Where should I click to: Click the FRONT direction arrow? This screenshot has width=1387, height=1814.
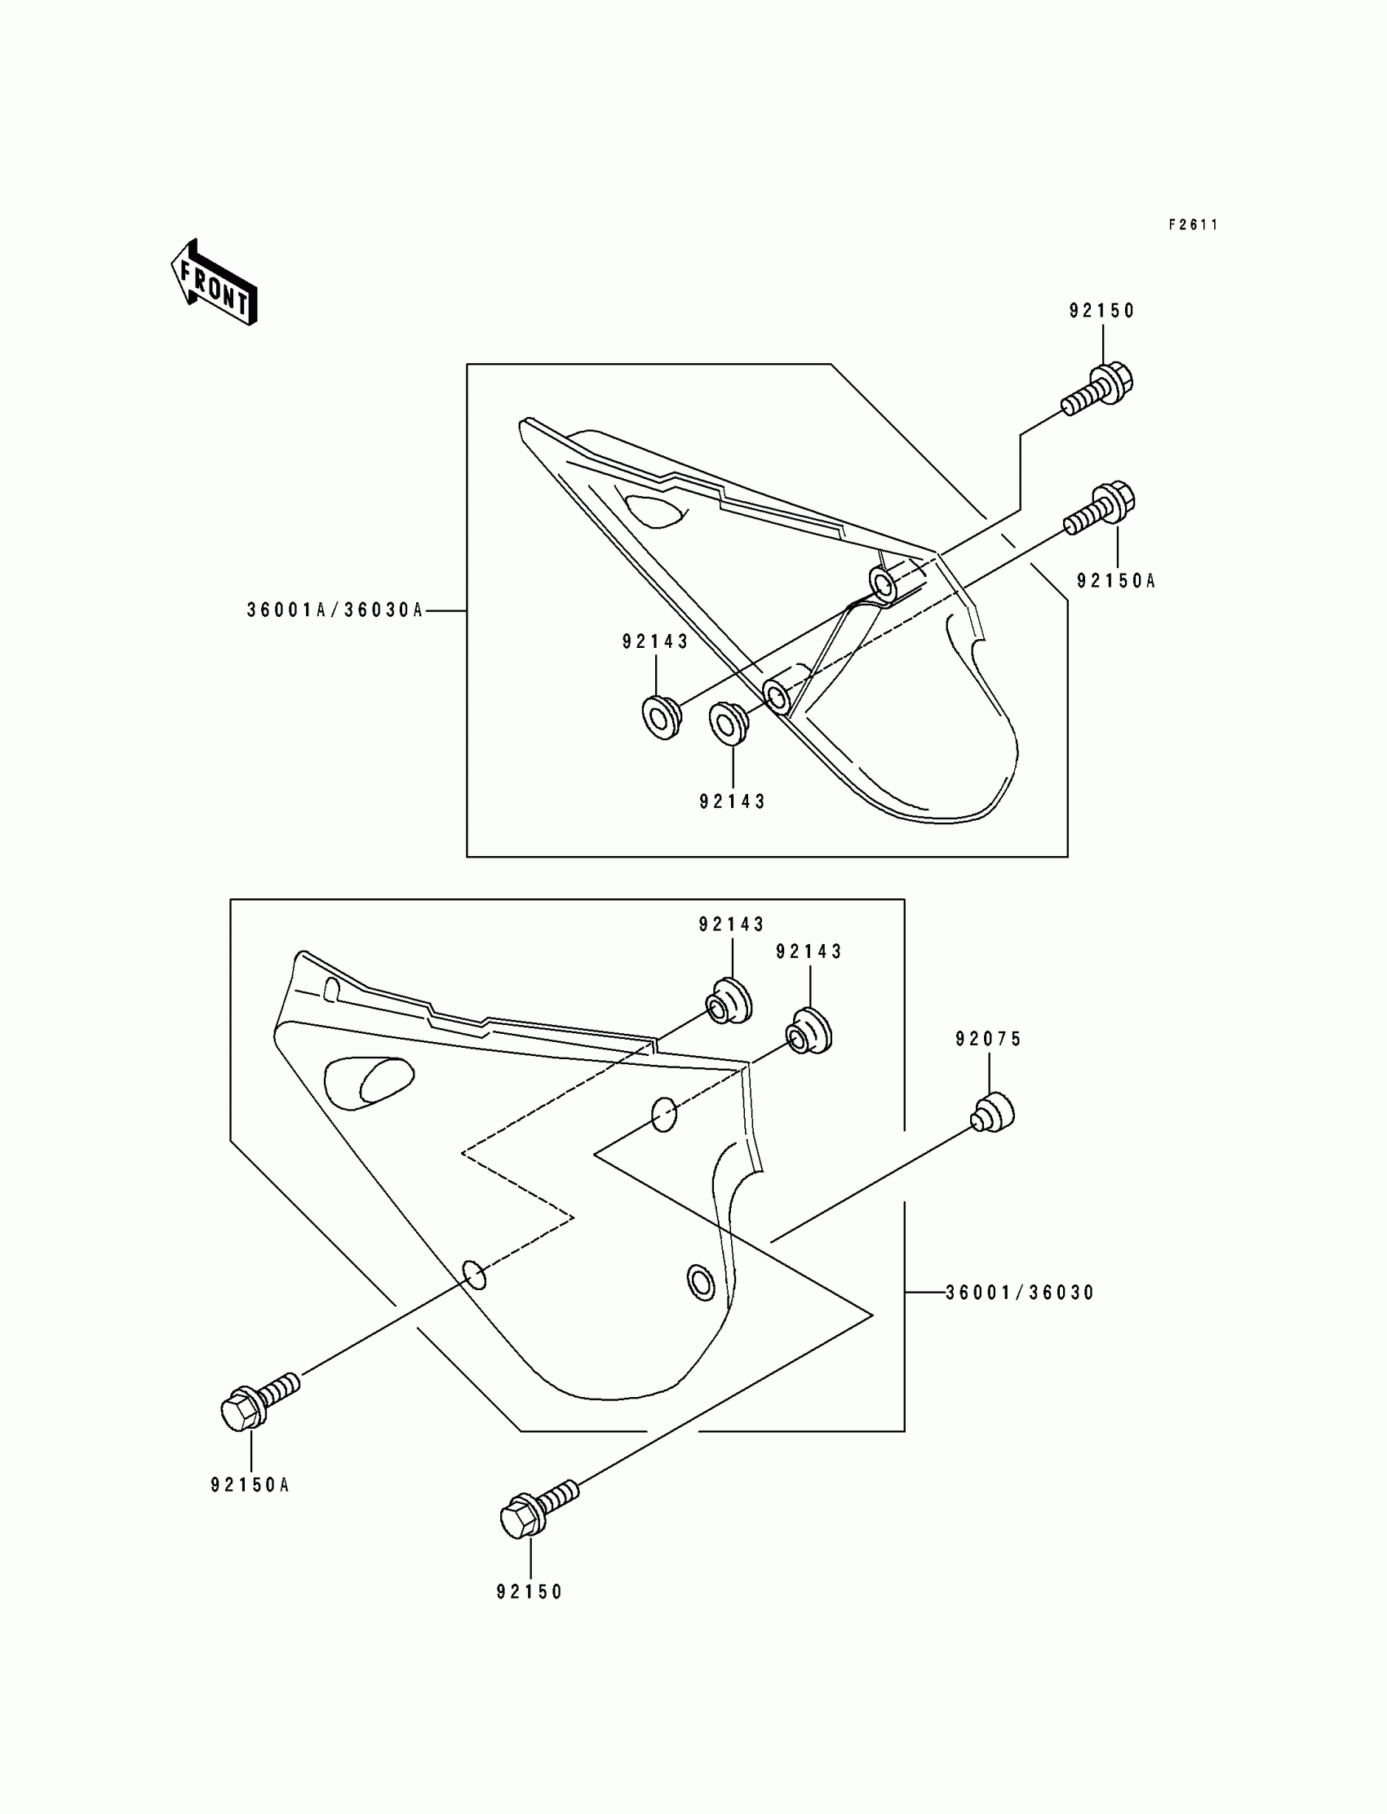coord(214,283)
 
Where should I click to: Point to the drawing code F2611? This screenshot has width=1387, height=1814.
coord(1193,224)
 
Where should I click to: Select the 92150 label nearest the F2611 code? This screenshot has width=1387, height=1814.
coord(1102,311)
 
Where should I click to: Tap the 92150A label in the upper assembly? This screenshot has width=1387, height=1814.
coord(1115,581)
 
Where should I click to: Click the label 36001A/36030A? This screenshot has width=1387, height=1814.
coord(335,610)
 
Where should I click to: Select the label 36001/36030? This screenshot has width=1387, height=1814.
coord(1020,1293)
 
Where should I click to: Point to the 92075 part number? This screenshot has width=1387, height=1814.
coord(989,1039)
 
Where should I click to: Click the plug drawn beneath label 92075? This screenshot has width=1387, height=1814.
coord(992,1112)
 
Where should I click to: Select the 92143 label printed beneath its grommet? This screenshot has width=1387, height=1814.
coord(733,801)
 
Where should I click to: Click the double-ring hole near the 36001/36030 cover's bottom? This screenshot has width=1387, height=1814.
coord(701,1282)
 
